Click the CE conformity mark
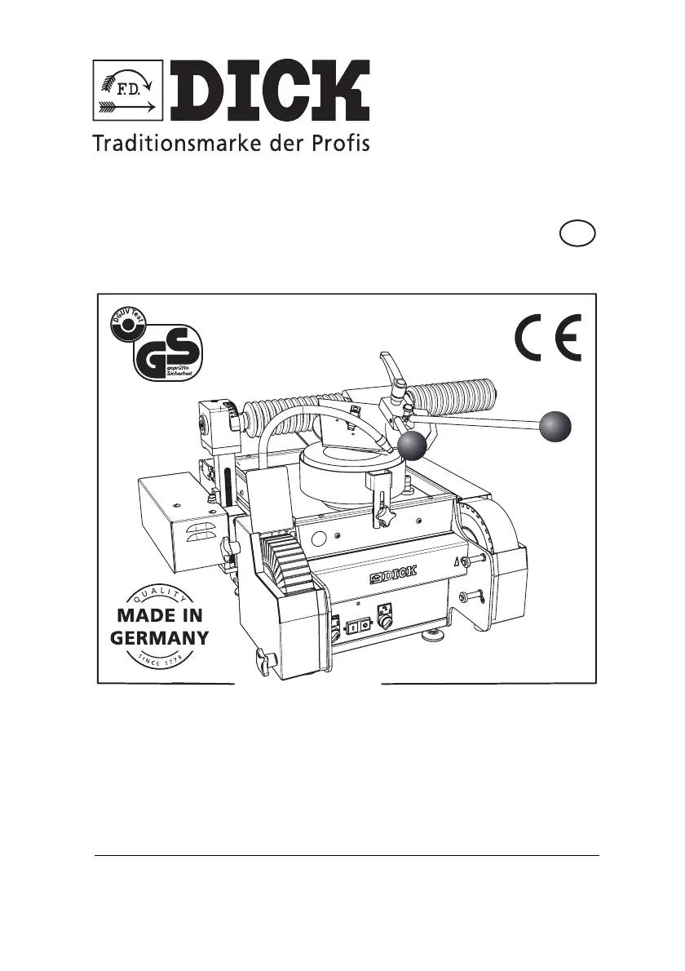548,340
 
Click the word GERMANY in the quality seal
159,638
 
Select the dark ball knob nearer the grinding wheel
413,446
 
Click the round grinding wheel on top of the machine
351,477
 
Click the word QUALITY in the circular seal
159,593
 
